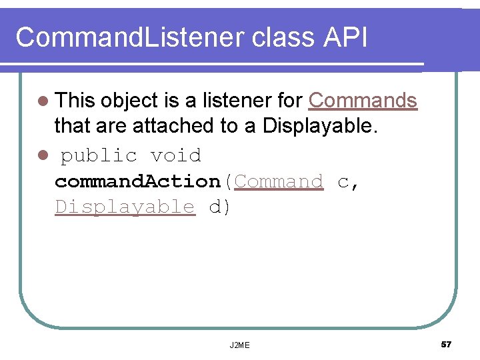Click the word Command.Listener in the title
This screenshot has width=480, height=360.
[x=130, y=38]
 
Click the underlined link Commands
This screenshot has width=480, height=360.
[x=363, y=101]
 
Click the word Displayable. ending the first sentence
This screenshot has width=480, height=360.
[x=321, y=125]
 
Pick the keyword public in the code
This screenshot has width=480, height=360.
[x=99, y=156]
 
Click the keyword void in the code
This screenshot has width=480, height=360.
[x=175, y=156]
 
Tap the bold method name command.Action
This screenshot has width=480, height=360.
[x=137, y=181]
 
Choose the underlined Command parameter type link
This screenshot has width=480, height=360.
[x=279, y=181]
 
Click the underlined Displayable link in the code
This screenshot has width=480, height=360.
[x=125, y=207]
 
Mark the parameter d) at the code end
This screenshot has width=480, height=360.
[x=220, y=207]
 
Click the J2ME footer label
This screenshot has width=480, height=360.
[x=239, y=345]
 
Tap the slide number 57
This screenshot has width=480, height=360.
[x=446, y=344]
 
